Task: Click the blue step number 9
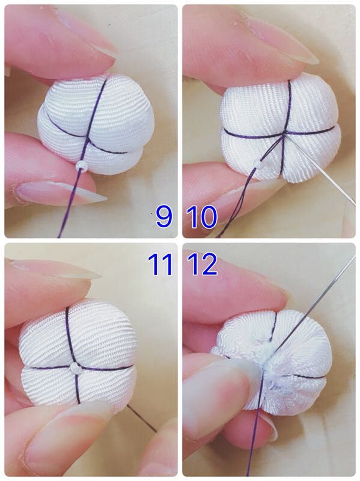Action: click(x=164, y=216)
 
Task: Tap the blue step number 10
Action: click(x=202, y=216)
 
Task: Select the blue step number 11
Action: click(x=160, y=264)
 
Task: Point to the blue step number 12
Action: click(x=203, y=264)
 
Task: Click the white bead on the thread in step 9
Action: click(x=81, y=165)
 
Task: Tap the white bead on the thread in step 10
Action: click(x=260, y=167)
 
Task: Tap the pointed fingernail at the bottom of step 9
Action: click(x=61, y=194)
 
